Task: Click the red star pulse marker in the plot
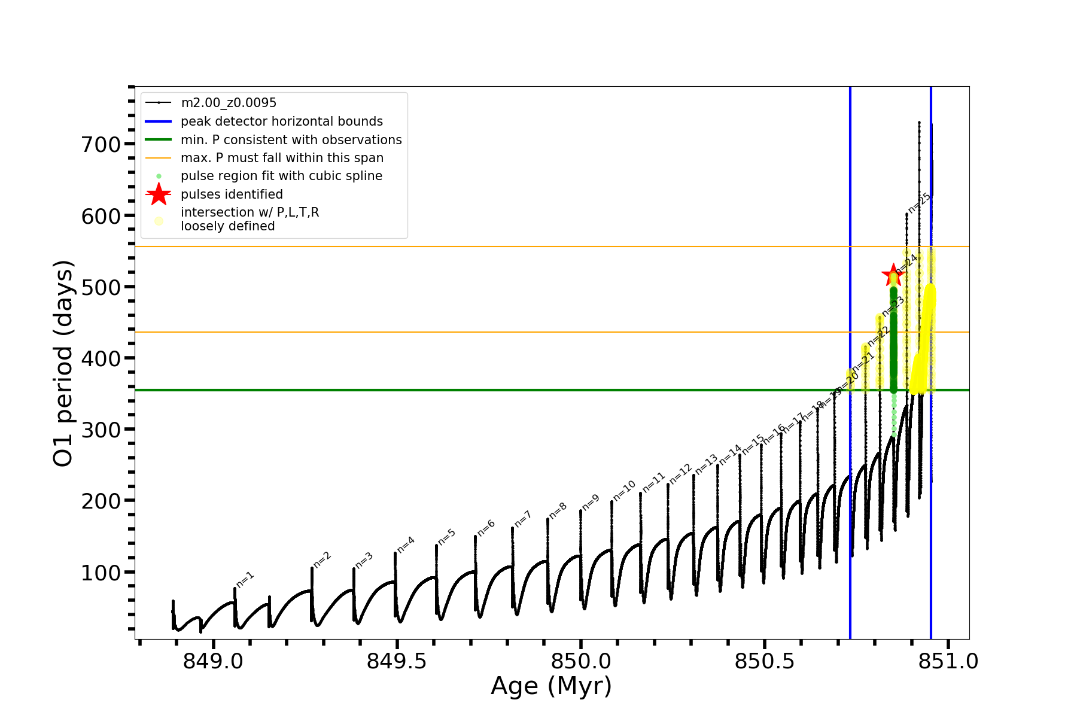pyautogui.click(x=893, y=275)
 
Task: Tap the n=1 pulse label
pyautogui.click(x=245, y=579)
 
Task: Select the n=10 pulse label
pyautogui.click(x=624, y=491)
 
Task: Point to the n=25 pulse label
pyautogui.click(x=919, y=202)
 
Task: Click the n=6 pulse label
pyautogui.click(x=486, y=528)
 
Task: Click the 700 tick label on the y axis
pyautogui.click(x=101, y=144)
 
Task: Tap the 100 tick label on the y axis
pyautogui.click(x=101, y=573)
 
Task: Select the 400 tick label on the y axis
pyautogui.click(x=101, y=358)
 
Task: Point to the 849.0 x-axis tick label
pyautogui.click(x=213, y=661)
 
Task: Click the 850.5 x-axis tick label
pyautogui.click(x=764, y=661)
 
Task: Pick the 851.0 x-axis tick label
pyautogui.click(x=948, y=661)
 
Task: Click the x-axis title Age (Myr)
pyautogui.click(x=551, y=686)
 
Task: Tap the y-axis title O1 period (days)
pyautogui.click(x=63, y=363)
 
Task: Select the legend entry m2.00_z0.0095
pyautogui.click(x=229, y=103)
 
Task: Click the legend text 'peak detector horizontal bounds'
pyautogui.click(x=282, y=121)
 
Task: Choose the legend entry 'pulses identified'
pyautogui.click(x=232, y=194)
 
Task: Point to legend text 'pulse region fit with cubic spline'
pyautogui.click(x=281, y=176)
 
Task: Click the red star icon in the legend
pyautogui.click(x=159, y=194)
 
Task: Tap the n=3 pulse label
pyautogui.click(x=364, y=561)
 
